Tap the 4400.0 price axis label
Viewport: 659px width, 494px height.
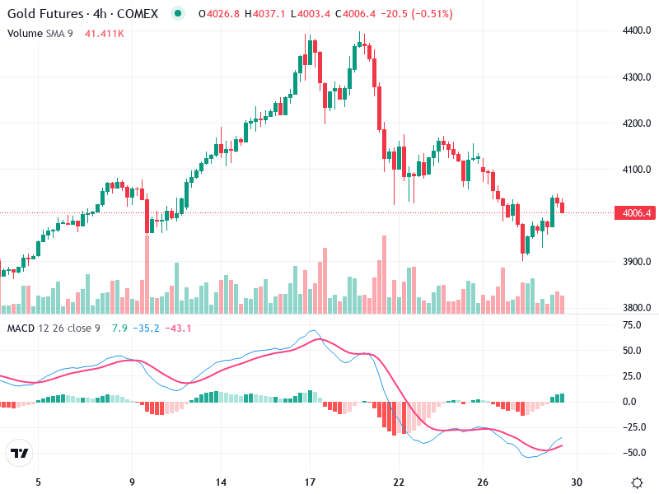coord(637,31)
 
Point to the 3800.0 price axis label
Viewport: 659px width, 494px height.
coord(637,308)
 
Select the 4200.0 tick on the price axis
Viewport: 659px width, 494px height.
coord(637,123)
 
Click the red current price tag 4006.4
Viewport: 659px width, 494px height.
coord(637,213)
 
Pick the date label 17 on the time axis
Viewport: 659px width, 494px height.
coord(311,482)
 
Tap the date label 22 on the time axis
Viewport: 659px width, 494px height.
coord(399,482)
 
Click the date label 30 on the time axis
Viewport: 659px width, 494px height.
coord(577,482)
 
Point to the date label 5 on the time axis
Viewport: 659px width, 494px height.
coord(38,482)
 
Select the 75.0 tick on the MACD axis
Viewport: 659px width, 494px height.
coord(632,325)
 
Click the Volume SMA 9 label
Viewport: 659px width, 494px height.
coord(40,33)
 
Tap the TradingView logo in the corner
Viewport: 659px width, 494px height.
coord(20,454)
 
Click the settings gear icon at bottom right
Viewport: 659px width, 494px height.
coord(637,482)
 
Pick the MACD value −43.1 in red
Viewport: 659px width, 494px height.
coord(178,329)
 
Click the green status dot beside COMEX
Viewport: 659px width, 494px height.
coord(178,14)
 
